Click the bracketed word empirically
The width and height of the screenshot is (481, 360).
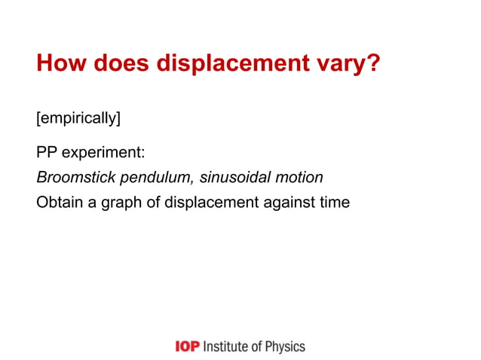pyautogui.click(x=78, y=119)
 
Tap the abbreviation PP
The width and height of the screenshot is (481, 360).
pyautogui.click(x=47, y=153)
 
